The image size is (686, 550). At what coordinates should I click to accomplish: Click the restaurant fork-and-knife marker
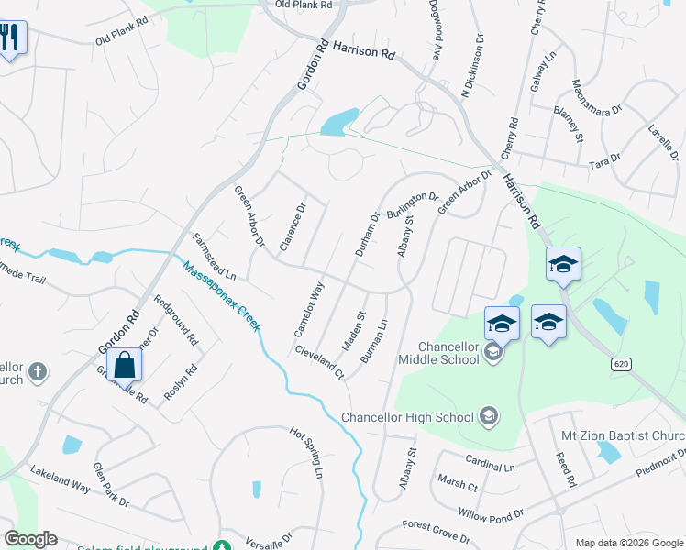point(11,38)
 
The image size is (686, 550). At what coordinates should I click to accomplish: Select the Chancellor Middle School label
point(448,353)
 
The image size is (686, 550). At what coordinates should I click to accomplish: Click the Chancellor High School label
point(407,417)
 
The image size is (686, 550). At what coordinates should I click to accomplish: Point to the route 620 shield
point(622,364)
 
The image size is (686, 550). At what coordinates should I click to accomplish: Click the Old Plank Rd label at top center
point(303,5)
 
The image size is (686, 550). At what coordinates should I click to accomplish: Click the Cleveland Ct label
point(319,362)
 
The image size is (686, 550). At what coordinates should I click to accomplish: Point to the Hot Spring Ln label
point(306,452)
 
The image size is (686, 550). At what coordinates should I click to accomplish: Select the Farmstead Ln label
point(214,257)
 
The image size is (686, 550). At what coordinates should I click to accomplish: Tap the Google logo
point(30,539)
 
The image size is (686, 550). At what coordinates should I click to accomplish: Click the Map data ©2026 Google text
point(628,543)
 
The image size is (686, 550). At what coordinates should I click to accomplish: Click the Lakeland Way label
point(60,480)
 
